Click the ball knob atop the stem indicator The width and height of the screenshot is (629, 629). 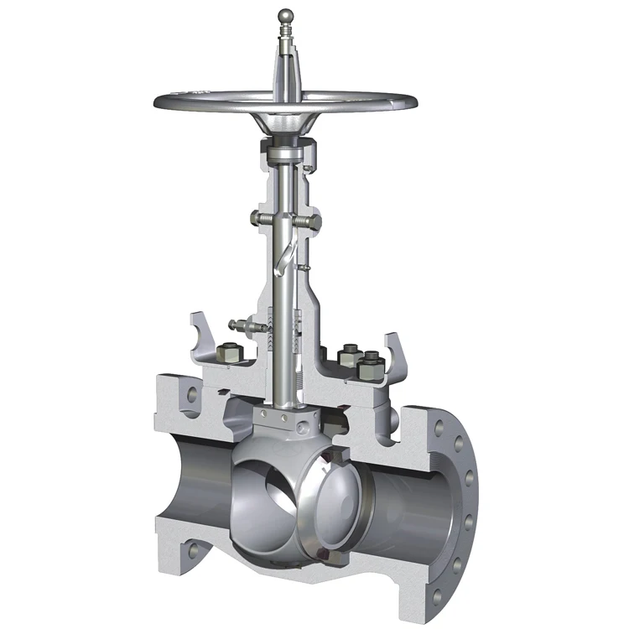point(285,14)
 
